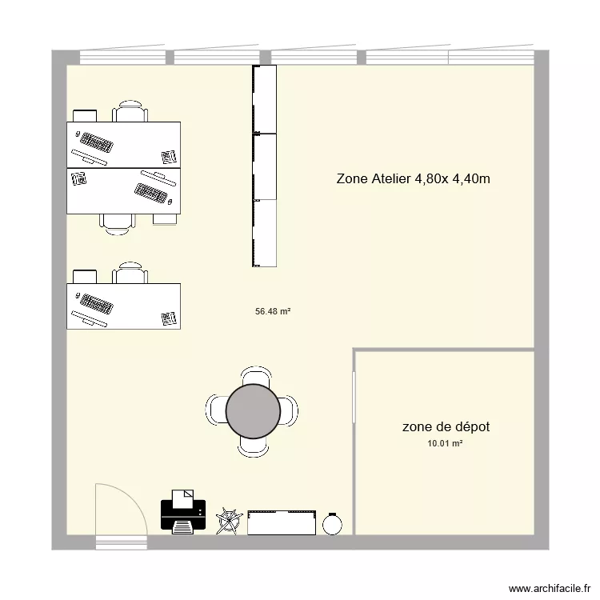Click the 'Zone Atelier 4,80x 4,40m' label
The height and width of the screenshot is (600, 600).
point(413,179)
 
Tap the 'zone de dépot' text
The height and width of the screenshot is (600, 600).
point(446,427)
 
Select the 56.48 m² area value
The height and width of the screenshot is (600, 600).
point(272,312)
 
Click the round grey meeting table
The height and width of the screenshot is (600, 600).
point(253,411)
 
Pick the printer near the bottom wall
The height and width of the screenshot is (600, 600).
point(183,512)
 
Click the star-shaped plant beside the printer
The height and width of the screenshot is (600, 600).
point(228,520)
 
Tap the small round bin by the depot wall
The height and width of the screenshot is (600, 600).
point(333,523)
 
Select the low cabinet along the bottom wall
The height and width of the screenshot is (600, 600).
point(282,522)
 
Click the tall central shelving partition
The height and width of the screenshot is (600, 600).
point(264,166)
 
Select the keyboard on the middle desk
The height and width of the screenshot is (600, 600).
point(151,192)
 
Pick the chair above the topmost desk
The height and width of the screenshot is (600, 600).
point(130,111)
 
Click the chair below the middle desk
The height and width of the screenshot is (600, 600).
point(117,223)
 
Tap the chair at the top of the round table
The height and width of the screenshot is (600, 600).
point(254,375)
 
